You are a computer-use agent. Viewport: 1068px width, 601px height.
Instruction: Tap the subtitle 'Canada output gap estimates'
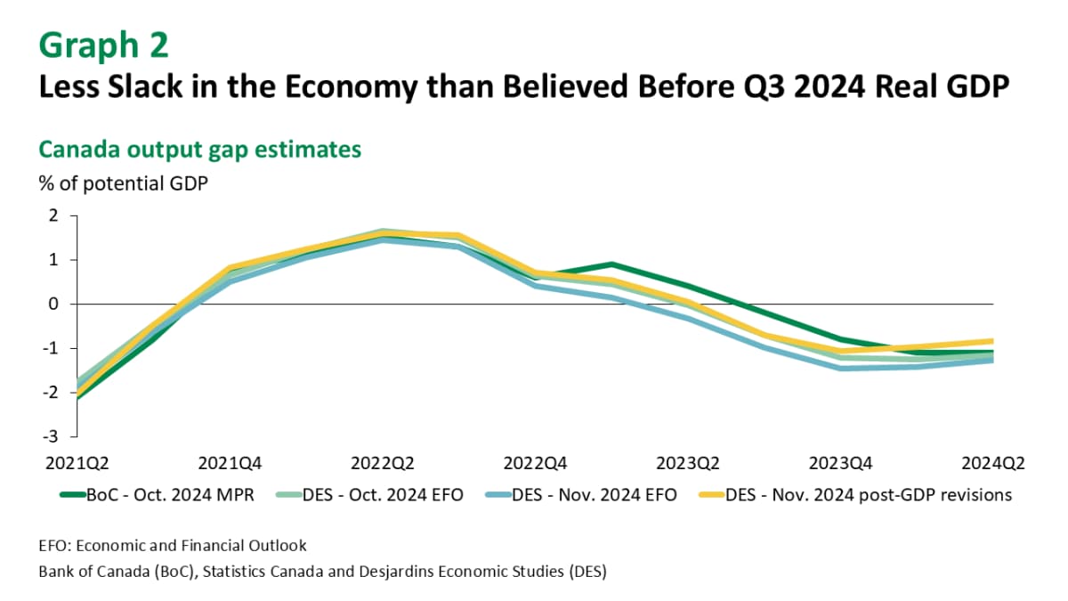pos(199,149)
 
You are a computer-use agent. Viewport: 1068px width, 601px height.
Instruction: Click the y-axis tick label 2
pos(53,215)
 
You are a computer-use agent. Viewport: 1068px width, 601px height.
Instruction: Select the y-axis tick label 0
pos(53,304)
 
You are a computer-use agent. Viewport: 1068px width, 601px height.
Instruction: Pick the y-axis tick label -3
pos(52,436)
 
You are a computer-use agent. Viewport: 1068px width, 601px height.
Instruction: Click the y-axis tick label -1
pos(52,348)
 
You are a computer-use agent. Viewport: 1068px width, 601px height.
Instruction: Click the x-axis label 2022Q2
pos(383,463)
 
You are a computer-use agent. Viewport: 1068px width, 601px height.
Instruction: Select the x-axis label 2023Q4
pos(839,463)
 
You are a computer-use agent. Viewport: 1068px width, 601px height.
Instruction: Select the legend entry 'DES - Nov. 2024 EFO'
pos(592,495)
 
